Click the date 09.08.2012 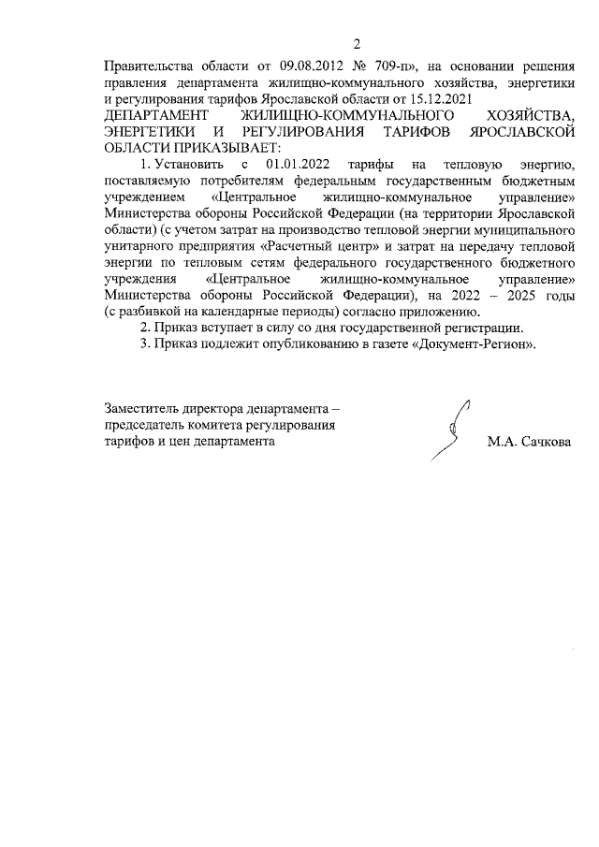point(314,66)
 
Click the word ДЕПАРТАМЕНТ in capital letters point(154,112)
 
